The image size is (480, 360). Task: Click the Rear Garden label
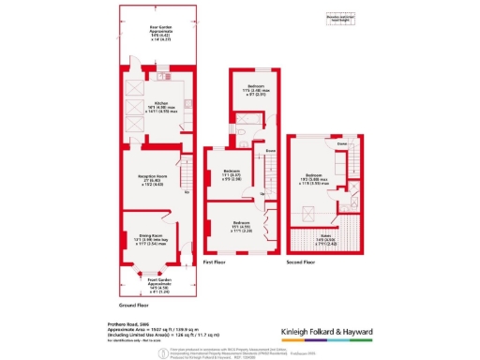point(159,32)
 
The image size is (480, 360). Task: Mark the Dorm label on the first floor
point(269,150)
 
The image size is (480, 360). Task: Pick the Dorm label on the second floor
point(343,143)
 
